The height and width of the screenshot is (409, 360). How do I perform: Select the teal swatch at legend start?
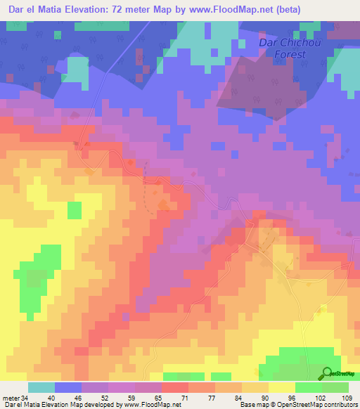[x=41, y=387]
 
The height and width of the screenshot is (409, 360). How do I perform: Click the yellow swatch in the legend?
[x=281, y=387]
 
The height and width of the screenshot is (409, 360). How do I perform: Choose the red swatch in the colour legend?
[x=175, y=387]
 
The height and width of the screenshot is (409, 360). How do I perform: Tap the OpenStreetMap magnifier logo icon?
[x=327, y=373]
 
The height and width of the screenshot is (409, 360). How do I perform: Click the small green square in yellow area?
[x=74, y=210]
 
